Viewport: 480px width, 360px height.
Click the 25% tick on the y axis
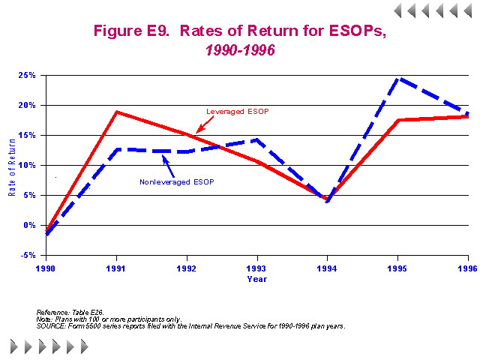click(x=28, y=75)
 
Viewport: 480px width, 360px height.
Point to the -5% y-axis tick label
click(x=29, y=255)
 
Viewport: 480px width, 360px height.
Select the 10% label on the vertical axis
click(x=28, y=165)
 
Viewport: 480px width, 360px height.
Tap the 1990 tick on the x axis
click(x=46, y=267)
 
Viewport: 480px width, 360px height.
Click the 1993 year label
click(x=257, y=267)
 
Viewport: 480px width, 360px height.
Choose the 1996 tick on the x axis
click(x=468, y=267)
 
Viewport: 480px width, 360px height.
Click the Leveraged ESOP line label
click(x=237, y=111)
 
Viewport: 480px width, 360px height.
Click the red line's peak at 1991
click(x=116, y=112)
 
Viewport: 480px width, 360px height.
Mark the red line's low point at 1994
click(x=327, y=199)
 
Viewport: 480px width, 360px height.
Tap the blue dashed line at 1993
click(x=257, y=139)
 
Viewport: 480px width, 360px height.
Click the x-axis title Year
click(x=256, y=279)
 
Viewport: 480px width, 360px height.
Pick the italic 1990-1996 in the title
click(x=239, y=50)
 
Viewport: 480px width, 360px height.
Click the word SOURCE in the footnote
click(x=52, y=326)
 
